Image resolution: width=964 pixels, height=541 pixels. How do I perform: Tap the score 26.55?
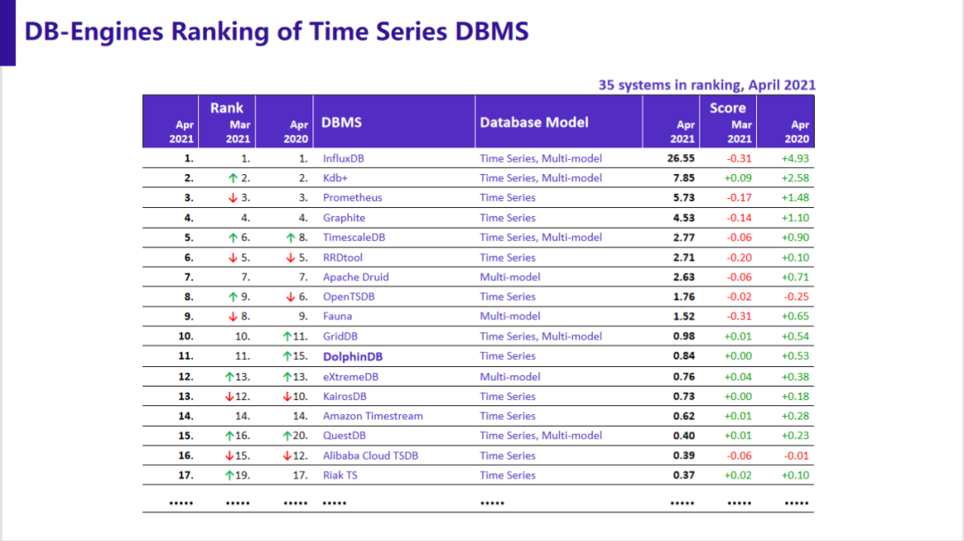681,158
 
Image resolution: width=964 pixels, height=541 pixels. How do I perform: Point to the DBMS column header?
342,121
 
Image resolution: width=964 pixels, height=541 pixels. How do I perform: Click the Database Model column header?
534,121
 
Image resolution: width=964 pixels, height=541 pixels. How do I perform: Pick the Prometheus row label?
353,197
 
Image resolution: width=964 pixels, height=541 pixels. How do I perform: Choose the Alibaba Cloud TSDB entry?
370,455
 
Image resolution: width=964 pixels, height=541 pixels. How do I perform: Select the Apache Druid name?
355,277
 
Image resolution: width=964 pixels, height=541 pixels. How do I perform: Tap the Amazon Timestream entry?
373,416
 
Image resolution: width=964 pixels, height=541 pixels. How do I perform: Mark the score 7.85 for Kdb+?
683,178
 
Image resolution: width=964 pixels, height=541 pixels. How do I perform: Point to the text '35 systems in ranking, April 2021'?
707,85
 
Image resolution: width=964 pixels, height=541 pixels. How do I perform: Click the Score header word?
727,107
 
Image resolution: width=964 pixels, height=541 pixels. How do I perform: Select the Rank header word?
227,107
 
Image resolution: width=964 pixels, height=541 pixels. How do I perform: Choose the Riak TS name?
340,475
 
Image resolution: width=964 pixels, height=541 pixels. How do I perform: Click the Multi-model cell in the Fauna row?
510,316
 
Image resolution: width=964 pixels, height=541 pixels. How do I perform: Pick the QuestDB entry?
345,436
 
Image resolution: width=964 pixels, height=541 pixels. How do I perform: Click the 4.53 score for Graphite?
683,218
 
